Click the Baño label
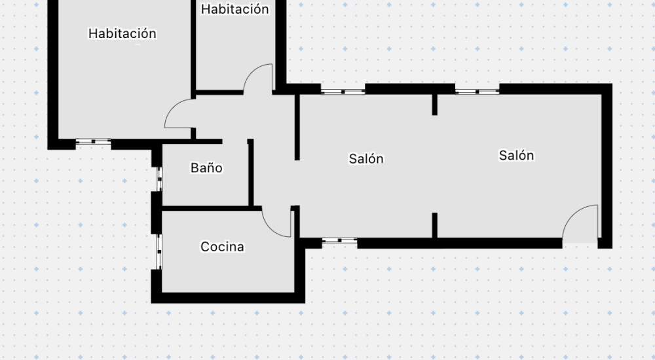pyautogui.click(x=206, y=168)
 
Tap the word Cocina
pyautogui.click(x=222, y=246)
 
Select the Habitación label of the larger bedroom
pyautogui.click(x=122, y=33)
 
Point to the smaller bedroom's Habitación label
pyautogui.click(x=234, y=9)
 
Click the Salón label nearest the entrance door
pyautogui.click(x=516, y=155)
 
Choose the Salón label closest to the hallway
pyautogui.click(x=366, y=158)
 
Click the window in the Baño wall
pyautogui.click(x=160, y=179)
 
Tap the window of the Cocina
pyautogui.click(x=159, y=252)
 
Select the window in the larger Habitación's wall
pyautogui.click(x=93, y=142)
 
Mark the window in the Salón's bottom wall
pyautogui.click(x=339, y=241)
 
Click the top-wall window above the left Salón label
pyautogui.click(x=343, y=92)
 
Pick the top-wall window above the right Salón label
pyautogui.click(x=477, y=92)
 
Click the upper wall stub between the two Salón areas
pyautogui.click(x=434, y=105)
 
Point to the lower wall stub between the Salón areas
pyautogui.click(x=434, y=226)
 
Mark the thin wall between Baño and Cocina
pyautogui.click(x=212, y=208)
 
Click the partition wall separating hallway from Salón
pyautogui.click(x=297, y=128)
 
